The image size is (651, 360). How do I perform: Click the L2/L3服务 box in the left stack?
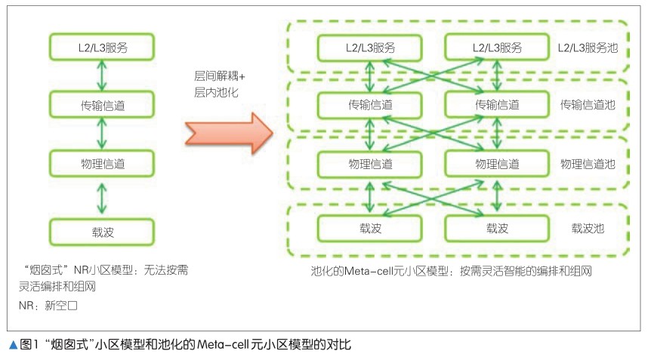[102, 47]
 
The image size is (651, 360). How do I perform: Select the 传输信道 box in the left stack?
[102, 105]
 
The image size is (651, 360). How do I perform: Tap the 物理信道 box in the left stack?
[102, 163]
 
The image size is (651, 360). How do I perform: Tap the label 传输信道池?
[587, 105]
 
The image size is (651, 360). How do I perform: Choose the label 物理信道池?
[587, 163]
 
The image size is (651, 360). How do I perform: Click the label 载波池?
[587, 227]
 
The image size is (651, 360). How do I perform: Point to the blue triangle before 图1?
[13, 345]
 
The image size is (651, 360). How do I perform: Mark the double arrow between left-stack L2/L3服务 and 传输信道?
[102, 75]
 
